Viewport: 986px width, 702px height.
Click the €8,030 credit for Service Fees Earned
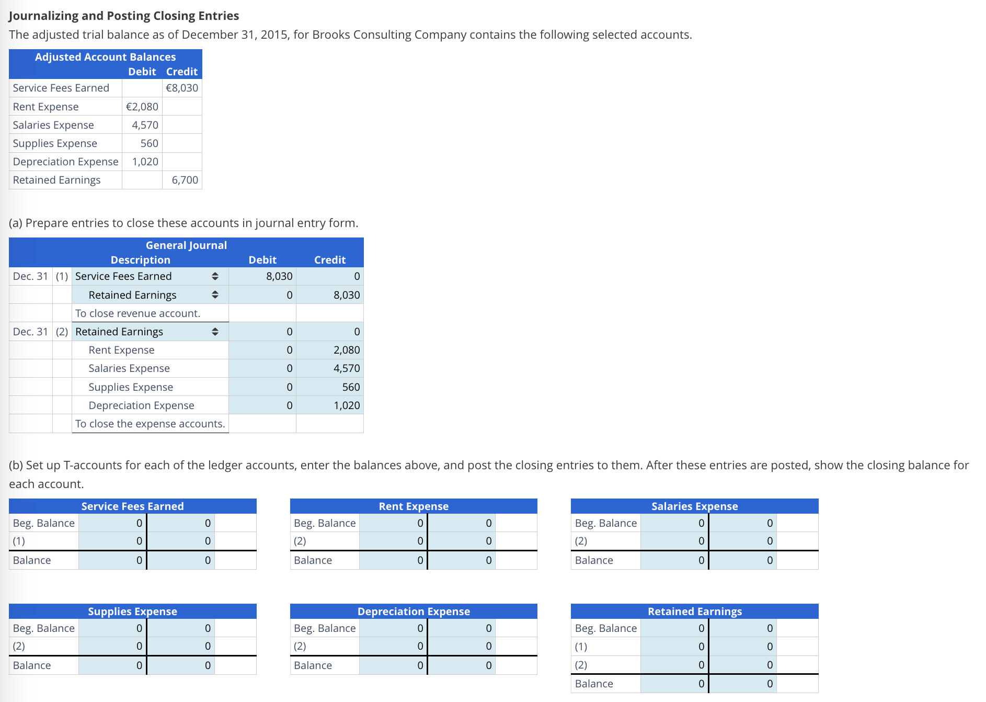pos(181,88)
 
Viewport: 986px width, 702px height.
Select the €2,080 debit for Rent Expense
pos(142,107)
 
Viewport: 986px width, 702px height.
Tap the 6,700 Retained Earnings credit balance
pos(185,180)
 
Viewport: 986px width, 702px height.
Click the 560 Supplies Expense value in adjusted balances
pos(149,143)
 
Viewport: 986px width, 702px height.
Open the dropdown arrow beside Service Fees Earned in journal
pos(215,276)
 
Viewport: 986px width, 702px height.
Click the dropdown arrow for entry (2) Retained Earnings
pos(215,332)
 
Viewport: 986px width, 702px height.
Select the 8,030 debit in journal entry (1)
pos(279,276)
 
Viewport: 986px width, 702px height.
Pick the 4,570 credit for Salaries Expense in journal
pos(346,368)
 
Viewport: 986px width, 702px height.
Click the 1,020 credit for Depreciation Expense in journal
pos(346,405)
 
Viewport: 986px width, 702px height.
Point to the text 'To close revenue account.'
pos(137,313)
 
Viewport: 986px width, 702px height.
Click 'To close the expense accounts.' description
pos(150,424)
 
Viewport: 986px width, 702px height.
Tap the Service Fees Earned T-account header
pos(132,506)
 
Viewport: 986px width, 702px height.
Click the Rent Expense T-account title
pos(414,506)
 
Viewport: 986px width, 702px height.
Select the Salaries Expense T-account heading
pos(694,506)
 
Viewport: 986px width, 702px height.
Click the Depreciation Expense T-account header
pos(414,612)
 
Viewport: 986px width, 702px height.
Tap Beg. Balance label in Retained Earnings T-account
pos(605,628)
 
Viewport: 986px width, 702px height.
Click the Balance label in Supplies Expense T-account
pos(32,665)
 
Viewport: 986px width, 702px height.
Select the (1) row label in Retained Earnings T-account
pos(581,647)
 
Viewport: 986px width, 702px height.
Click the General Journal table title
pos(186,245)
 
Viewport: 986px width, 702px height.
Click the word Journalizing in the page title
pos(43,16)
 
